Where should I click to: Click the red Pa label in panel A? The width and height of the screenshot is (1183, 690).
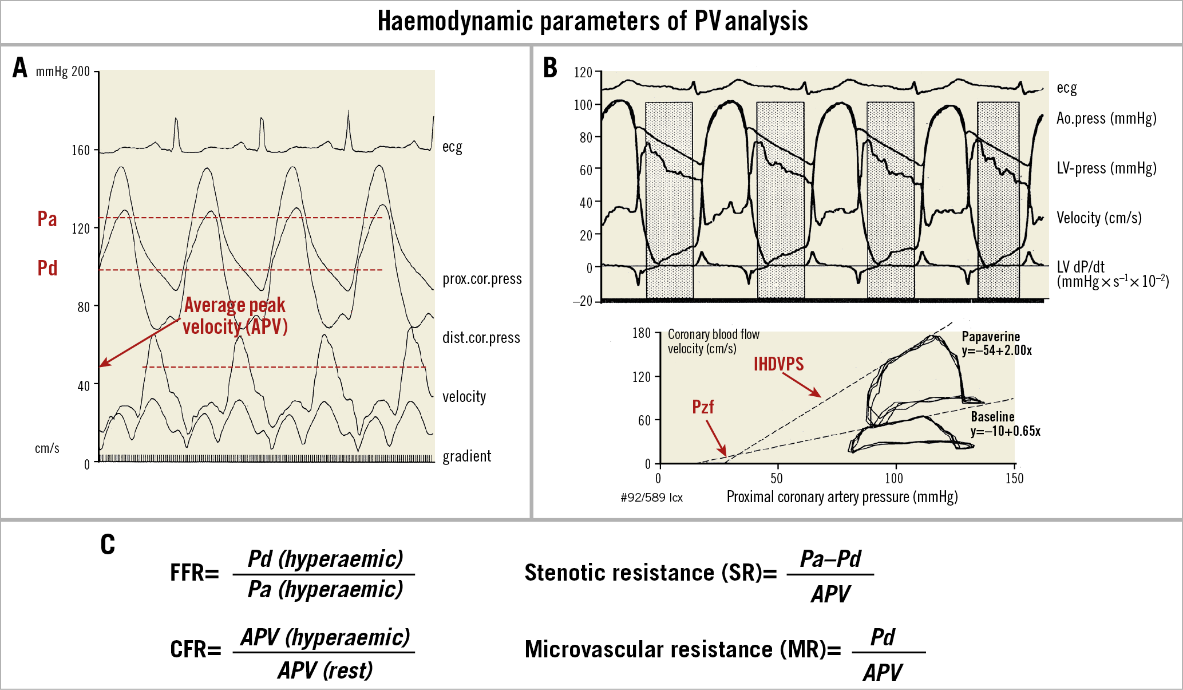point(47,219)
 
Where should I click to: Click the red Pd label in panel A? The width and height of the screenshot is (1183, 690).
point(47,268)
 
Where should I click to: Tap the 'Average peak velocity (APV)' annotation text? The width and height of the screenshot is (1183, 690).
point(235,316)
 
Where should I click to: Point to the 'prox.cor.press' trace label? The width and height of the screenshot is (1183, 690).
point(482,279)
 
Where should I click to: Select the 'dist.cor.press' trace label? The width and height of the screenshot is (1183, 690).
point(481,338)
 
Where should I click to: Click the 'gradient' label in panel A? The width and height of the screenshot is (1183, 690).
point(466,456)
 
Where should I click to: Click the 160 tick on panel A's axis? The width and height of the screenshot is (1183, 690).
point(81,151)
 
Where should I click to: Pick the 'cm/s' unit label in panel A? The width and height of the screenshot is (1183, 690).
point(47,448)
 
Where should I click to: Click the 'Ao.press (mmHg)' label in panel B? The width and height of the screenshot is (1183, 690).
point(1106,119)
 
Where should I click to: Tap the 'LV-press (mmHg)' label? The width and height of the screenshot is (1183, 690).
point(1106,168)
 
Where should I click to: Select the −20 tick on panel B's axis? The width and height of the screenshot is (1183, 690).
point(583,301)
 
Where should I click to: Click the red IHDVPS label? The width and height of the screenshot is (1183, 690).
point(778,364)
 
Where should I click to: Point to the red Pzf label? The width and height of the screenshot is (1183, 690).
point(703,407)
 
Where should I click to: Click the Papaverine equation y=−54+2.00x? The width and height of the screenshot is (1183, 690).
point(996,350)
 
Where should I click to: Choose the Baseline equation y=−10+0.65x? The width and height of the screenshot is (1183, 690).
point(1005,431)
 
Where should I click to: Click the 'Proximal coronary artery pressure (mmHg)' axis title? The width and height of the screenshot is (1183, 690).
point(842,497)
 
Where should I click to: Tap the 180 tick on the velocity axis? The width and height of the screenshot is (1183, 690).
point(642,333)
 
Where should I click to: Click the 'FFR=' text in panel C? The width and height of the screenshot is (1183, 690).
point(195,573)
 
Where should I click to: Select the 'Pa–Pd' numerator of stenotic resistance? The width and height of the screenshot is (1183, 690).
point(830,559)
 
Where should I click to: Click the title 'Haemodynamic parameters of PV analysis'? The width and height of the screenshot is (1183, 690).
point(592,22)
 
